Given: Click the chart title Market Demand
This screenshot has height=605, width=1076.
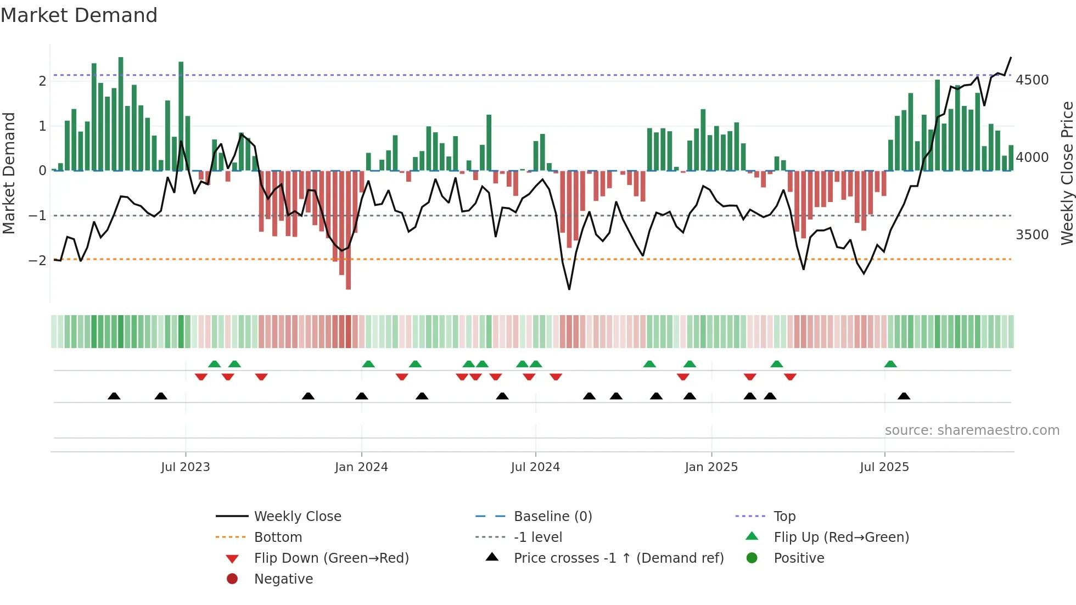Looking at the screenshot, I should pyautogui.click(x=79, y=15).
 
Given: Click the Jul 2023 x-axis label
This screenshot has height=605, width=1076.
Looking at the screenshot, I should pyautogui.click(x=185, y=467).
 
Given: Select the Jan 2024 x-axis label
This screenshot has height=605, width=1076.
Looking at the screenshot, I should pyautogui.click(x=361, y=467).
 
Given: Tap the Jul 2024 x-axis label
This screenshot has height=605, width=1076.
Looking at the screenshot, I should pyautogui.click(x=535, y=467).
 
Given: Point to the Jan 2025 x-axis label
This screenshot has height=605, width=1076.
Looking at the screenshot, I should pyautogui.click(x=711, y=467).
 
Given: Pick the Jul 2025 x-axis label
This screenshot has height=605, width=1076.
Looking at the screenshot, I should pyautogui.click(x=884, y=467).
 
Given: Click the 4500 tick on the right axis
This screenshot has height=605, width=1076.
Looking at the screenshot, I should pyautogui.click(x=1032, y=80).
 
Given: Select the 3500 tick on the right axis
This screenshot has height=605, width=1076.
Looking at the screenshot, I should pyautogui.click(x=1032, y=235).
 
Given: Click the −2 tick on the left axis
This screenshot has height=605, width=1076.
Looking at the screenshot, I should pyautogui.click(x=37, y=260).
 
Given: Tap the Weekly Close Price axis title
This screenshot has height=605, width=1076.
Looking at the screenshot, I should pyautogui.click(x=1067, y=173).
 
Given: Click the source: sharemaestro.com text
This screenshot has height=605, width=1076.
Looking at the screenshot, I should pyautogui.click(x=972, y=430).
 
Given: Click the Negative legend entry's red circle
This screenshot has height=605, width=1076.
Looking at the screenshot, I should pyautogui.click(x=232, y=579).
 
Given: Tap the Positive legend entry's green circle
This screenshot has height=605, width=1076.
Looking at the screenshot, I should pyautogui.click(x=752, y=558).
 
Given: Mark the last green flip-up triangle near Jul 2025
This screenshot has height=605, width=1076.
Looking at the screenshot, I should pyautogui.click(x=890, y=364).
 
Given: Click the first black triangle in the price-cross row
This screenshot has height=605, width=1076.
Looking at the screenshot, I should pyautogui.click(x=114, y=396).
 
